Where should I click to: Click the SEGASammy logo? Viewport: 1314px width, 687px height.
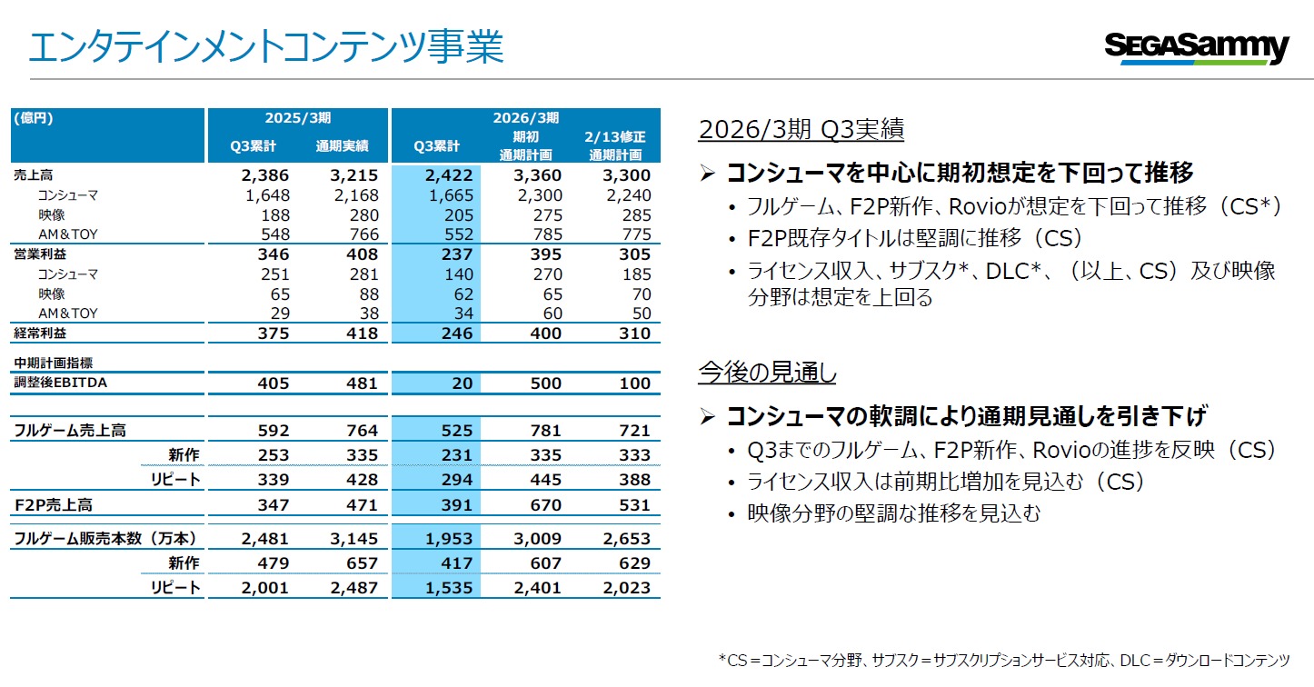pos(1196,47)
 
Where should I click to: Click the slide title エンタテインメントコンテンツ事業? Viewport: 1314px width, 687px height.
pos(265,46)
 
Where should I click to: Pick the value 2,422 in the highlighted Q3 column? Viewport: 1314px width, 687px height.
pos(450,175)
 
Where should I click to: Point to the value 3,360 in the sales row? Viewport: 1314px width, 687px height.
pos(538,175)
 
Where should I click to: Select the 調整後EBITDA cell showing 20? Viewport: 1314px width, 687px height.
pos(462,383)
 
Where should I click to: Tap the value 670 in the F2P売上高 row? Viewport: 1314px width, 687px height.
pos(545,505)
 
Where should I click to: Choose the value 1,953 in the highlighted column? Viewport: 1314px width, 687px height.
pos(450,539)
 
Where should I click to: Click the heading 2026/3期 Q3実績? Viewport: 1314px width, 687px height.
pos(801,130)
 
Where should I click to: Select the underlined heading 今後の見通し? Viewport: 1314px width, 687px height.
pos(767,372)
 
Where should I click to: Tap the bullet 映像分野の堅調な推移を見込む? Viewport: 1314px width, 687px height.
pos(893,513)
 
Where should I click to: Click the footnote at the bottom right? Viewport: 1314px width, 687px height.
pos(1003,661)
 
